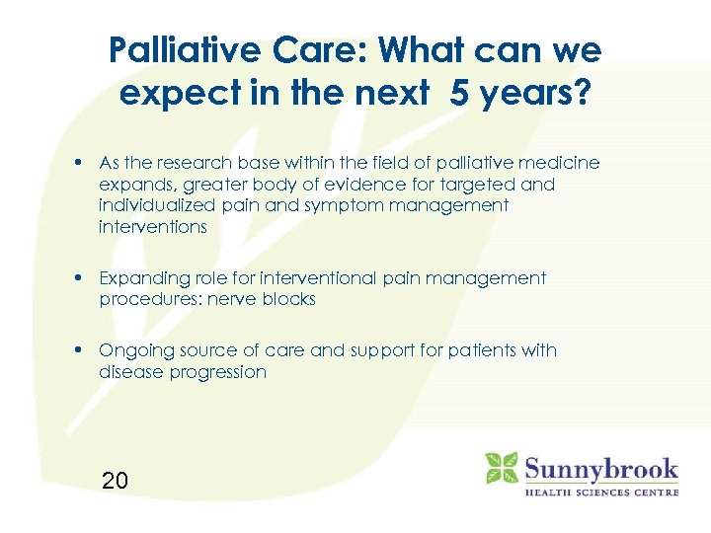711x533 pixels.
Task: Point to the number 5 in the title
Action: tap(460, 94)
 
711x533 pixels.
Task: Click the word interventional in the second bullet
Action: tap(301, 278)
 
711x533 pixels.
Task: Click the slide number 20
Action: tap(115, 482)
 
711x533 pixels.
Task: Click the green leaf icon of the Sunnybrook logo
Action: tap(502, 468)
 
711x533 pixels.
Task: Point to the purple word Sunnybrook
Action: tap(601, 467)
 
